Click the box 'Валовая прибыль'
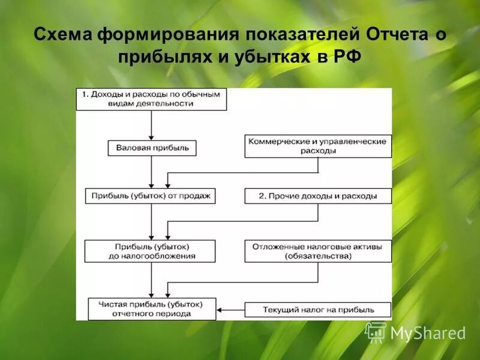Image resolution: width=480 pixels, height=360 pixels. coord(152,148)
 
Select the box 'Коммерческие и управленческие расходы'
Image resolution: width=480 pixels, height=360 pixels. coord(318,146)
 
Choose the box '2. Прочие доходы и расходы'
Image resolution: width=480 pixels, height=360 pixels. coord(318,196)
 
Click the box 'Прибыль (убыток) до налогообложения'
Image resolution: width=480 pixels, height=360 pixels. coord(150,251)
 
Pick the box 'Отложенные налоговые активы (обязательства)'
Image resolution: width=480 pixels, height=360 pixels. coord(318,251)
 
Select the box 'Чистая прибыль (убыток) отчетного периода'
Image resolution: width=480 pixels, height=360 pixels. coord(152,309)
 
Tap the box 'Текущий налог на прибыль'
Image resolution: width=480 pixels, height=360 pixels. coord(318,310)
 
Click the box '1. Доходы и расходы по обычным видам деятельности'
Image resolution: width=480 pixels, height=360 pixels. coord(151,99)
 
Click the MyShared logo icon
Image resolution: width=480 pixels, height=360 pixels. coord(376,332)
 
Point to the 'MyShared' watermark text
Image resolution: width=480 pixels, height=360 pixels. coord(428,333)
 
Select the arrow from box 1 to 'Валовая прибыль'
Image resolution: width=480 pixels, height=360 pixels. coord(151,125)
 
